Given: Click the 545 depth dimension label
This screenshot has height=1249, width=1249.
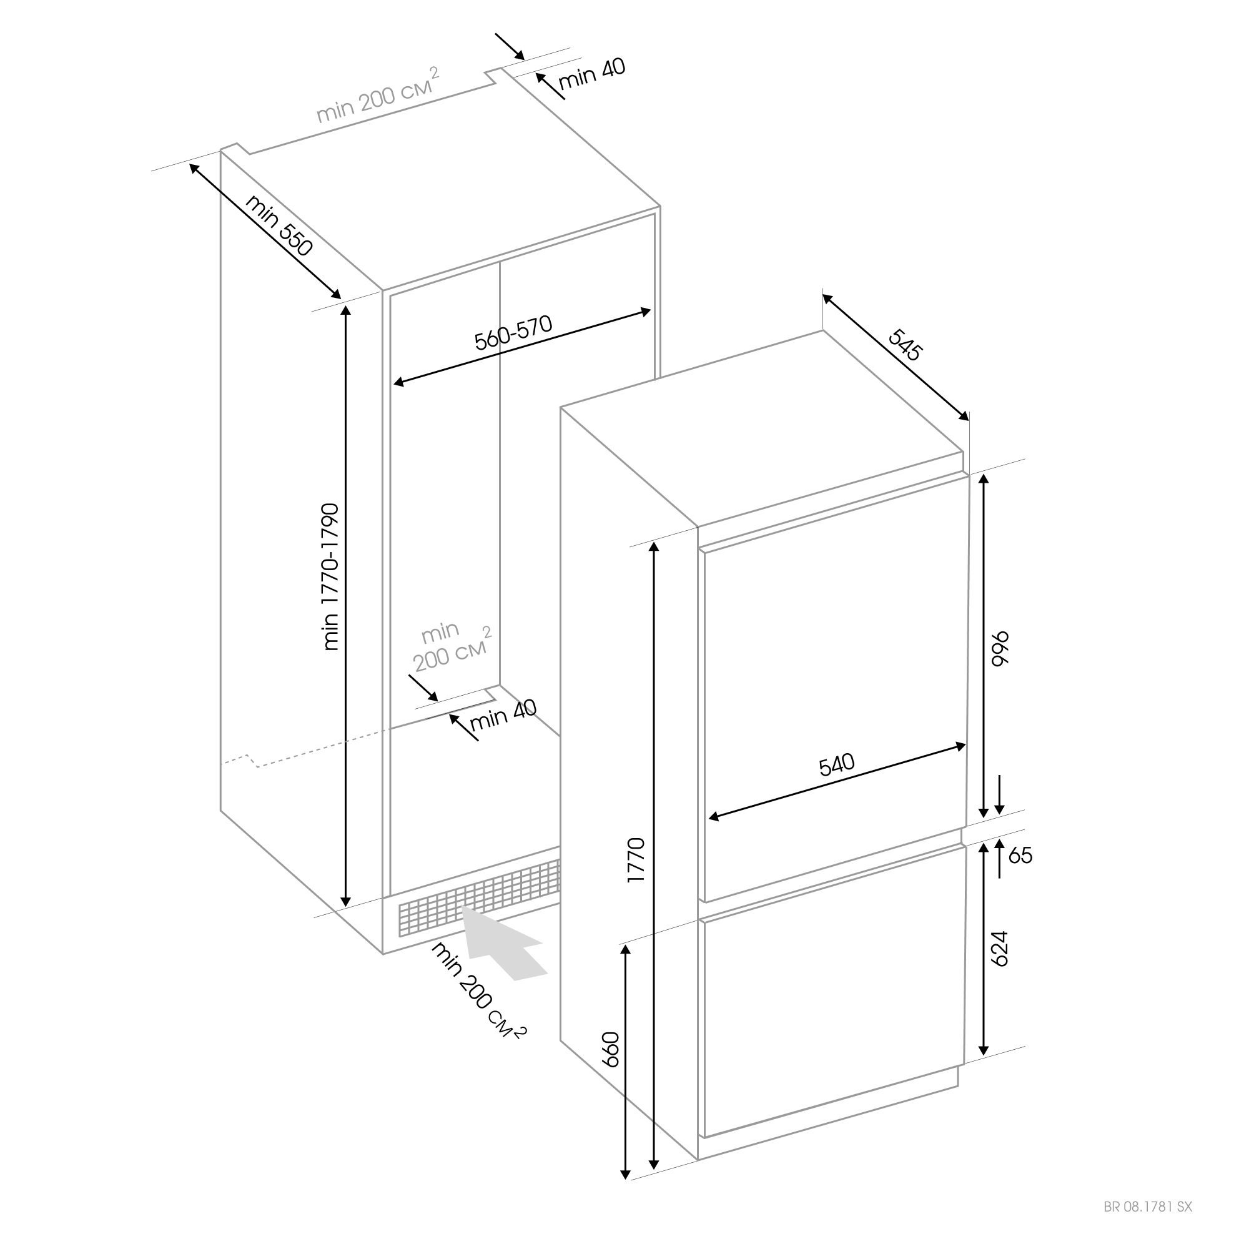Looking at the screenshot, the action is [x=905, y=345].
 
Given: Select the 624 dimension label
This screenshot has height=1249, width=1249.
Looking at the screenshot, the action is [x=999, y=949].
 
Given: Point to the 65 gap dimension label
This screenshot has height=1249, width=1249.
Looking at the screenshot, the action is [x=1020, y=856].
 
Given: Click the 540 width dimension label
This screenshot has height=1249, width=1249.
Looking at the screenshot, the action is [x=837, y=766].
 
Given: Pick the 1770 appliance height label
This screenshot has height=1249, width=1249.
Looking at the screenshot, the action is [x=636, y=861].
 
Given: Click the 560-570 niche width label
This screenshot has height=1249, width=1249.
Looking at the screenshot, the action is [x=513, y=332].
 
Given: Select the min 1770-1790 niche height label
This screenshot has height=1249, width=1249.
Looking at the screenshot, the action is [x=330, y=576].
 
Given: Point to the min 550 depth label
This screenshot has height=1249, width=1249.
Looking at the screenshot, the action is [x=279, y=225].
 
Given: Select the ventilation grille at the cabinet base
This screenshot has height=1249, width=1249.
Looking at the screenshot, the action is [x=479, y=897].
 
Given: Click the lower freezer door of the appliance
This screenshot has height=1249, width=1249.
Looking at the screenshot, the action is [x=831, y=992].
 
